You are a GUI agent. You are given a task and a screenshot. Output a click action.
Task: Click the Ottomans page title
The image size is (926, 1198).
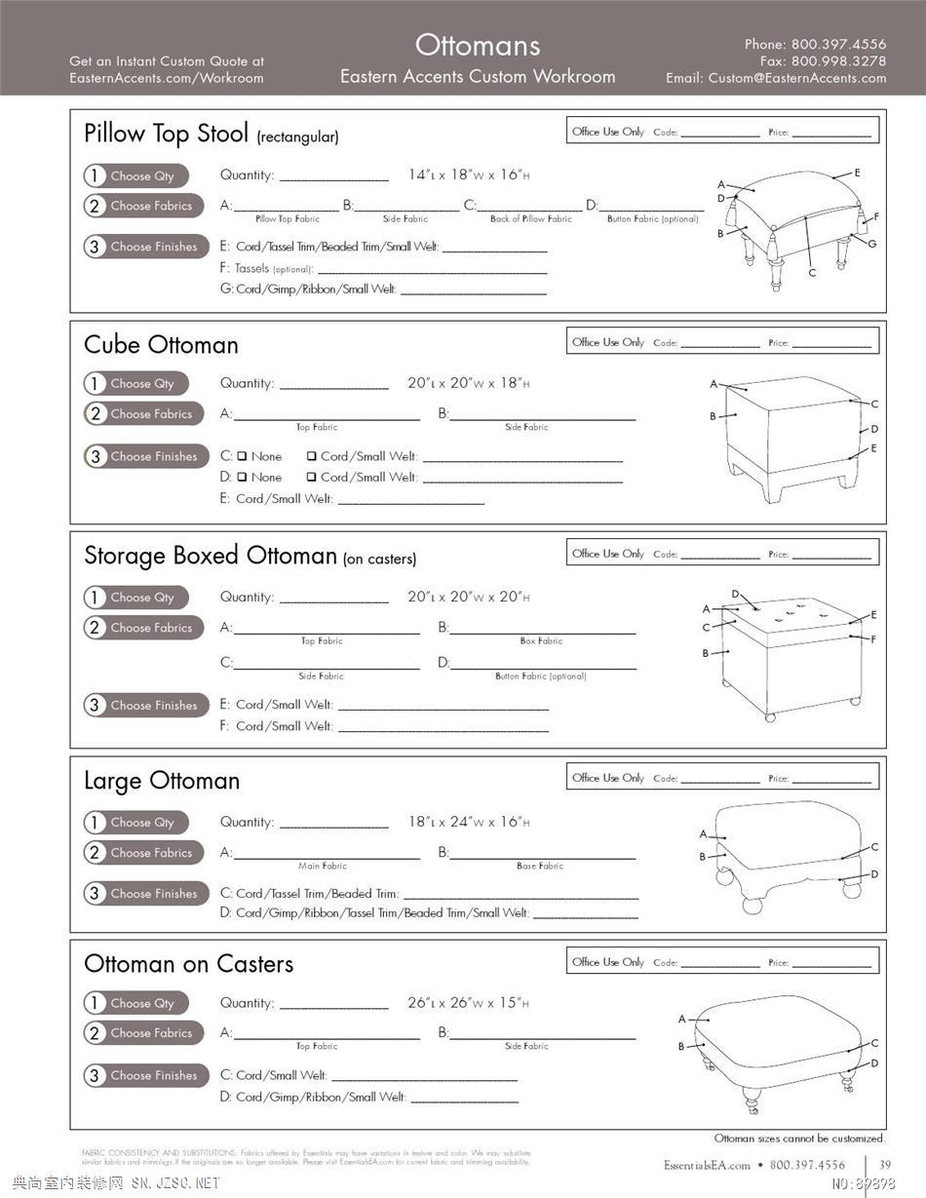point(477,45)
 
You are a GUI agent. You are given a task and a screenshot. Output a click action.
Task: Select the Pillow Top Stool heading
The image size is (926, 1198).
point(166,133)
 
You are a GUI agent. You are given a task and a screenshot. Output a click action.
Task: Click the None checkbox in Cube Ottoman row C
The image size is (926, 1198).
point(242,456)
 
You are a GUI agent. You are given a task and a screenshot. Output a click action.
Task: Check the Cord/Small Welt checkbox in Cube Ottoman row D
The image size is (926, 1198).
point(311,478)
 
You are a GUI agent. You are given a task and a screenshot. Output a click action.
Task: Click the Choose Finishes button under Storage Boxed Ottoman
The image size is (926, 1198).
point(146,705)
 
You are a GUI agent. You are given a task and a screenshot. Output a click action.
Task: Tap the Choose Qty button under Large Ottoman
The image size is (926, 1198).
point(136,822)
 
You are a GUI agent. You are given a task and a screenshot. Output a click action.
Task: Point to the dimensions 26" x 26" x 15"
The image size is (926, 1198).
point(469,1003)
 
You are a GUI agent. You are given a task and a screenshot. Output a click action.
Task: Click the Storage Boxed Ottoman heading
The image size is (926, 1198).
point(210,556)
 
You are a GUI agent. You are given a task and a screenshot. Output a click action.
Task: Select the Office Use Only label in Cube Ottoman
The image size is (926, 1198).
point(608,342)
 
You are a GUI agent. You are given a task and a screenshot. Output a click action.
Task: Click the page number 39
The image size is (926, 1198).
point(885,1164)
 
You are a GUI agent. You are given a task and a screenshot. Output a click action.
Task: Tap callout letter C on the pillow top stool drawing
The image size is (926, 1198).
point(812,273)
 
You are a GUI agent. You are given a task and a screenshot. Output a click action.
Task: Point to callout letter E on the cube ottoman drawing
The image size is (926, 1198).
point(873,448)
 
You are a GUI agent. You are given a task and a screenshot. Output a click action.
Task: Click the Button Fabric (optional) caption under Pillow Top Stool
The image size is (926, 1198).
point(652,219)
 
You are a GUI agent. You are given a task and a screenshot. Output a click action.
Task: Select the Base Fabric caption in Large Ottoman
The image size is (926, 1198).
point(540,866)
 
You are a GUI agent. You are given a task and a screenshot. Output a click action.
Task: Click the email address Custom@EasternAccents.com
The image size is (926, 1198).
point(796,78)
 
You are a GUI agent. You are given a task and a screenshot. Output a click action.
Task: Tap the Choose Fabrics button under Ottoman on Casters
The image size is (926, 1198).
point(145,1032)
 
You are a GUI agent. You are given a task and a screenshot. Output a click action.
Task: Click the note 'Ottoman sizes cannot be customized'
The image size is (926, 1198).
point(799,1138)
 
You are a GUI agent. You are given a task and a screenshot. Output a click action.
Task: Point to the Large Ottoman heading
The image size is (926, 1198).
point(162,781)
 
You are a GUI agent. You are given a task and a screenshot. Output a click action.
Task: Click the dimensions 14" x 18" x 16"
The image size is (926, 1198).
point(469,175)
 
